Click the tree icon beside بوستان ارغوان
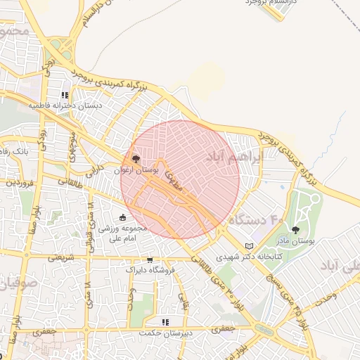136,159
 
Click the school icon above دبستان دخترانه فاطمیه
65,95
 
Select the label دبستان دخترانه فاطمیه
65,105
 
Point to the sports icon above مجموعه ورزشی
124,217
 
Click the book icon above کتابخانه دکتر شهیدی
249,246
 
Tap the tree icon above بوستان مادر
295,230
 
